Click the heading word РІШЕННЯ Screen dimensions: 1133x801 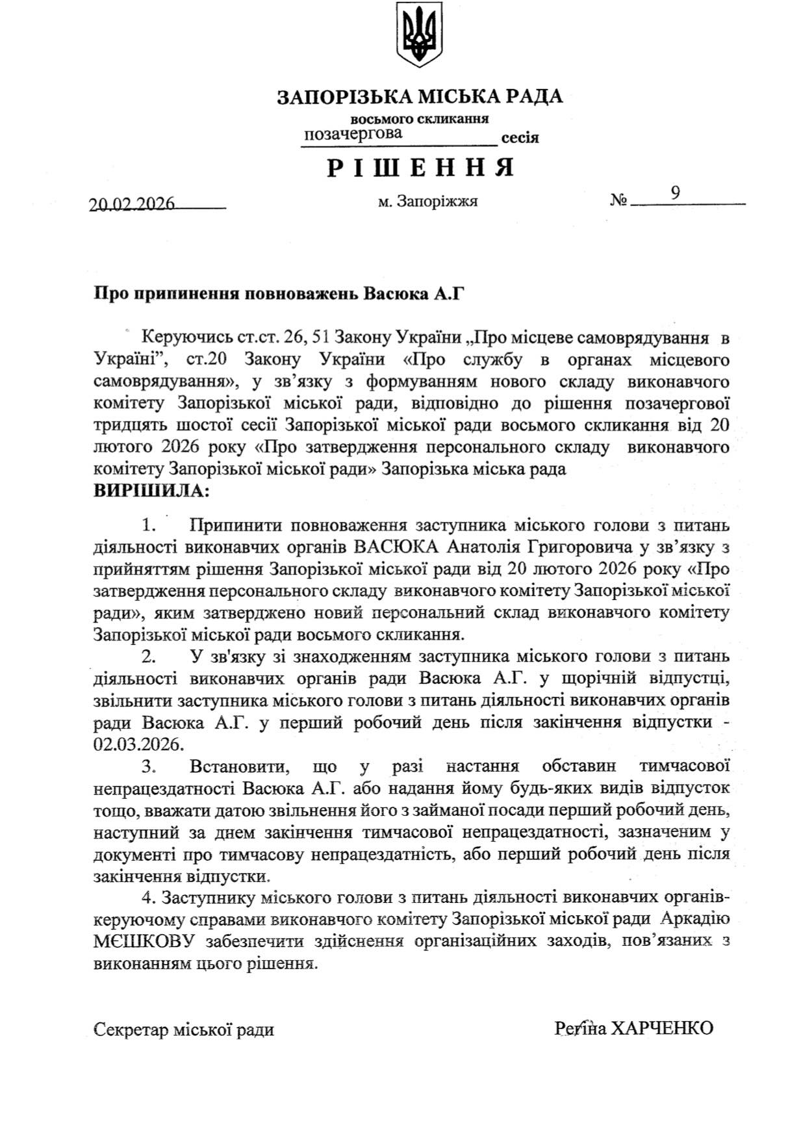coord(420,168)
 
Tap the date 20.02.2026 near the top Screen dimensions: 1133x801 coord(133,203)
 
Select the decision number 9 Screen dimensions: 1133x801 coord(676,192)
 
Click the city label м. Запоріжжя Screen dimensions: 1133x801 coord(427,202)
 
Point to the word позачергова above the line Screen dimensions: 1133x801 coord(353,134)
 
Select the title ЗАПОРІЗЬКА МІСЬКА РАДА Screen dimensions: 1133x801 coord(420,98)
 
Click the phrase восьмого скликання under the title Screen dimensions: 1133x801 coord(420,119)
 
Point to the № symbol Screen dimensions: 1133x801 coord(618,202)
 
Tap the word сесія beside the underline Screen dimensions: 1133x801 coord(520,138)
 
